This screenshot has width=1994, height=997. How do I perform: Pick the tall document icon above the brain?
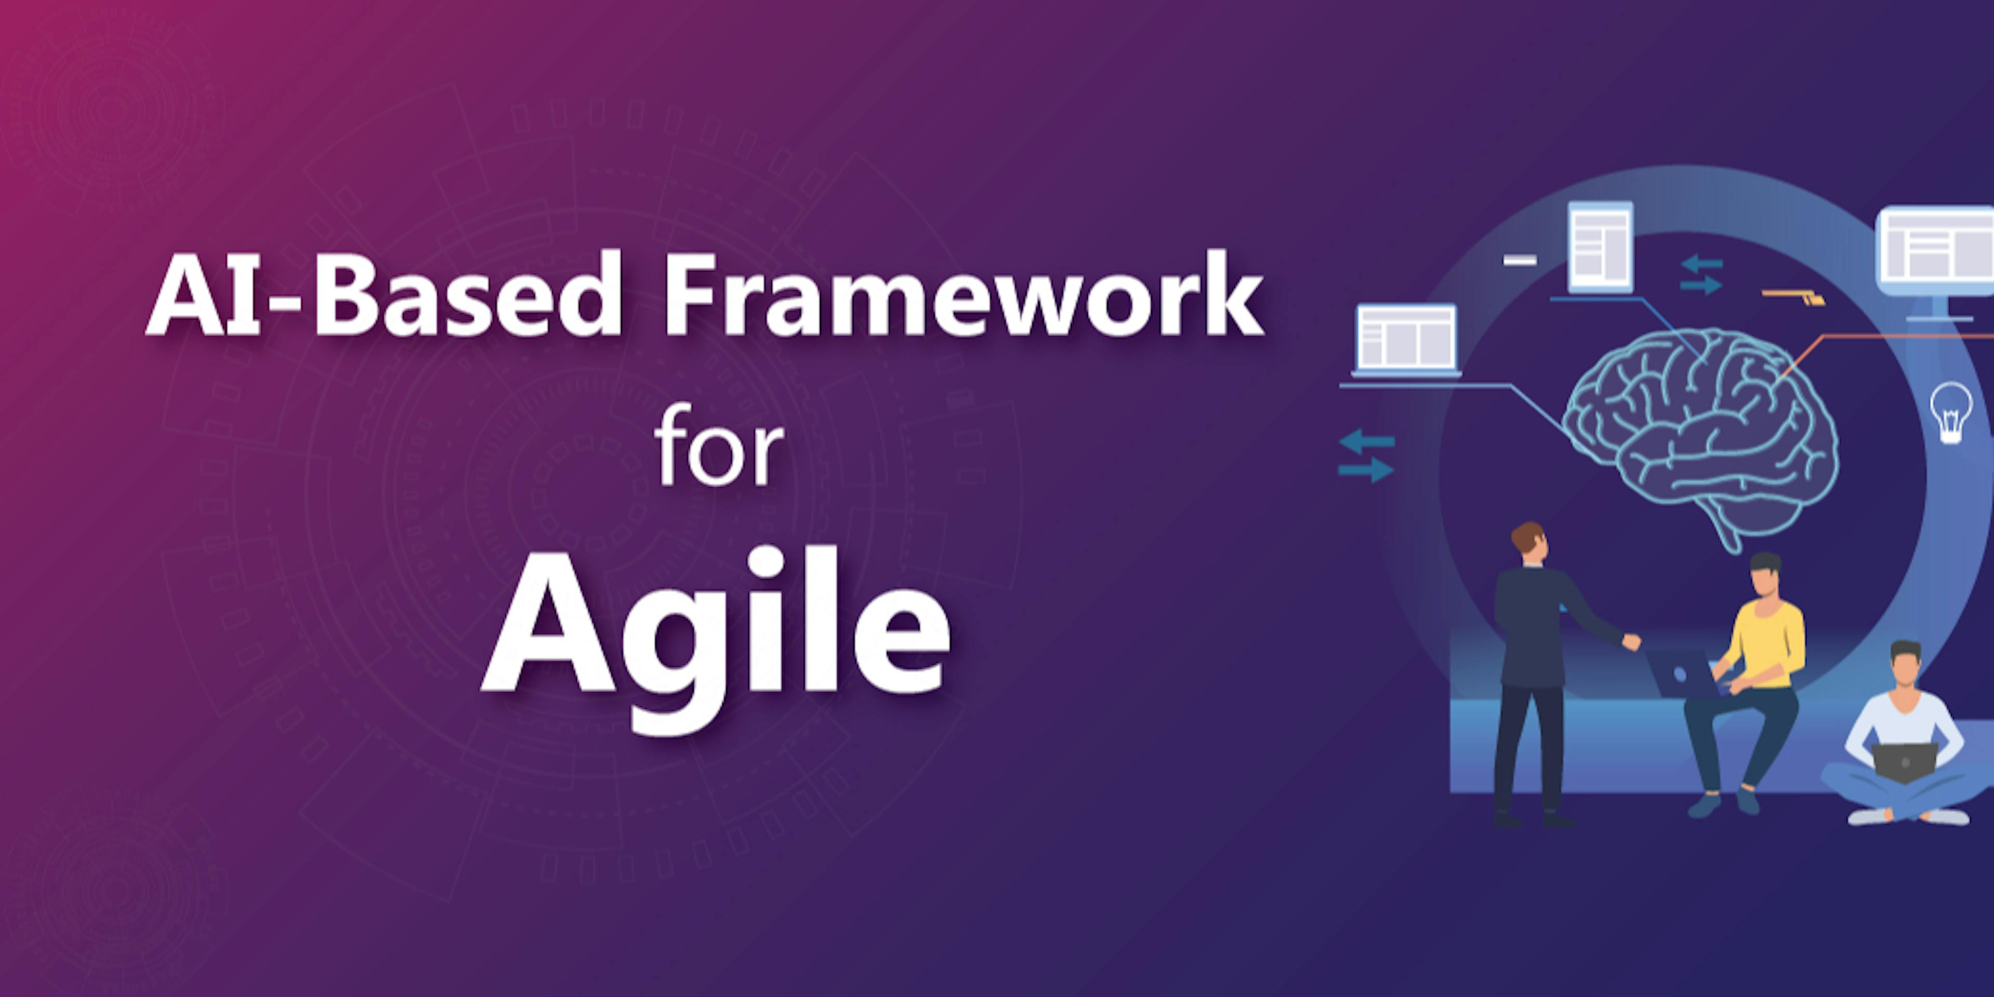(1600, 246)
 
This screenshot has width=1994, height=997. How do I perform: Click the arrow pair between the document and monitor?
(1701, 275)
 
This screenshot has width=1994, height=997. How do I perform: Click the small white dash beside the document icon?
(1519, 260)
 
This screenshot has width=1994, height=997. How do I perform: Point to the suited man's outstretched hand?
(1632, 642)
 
